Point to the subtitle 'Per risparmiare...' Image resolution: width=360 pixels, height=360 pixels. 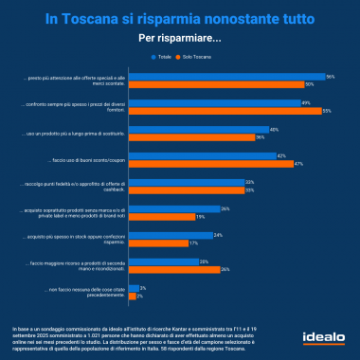click(179, 38)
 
